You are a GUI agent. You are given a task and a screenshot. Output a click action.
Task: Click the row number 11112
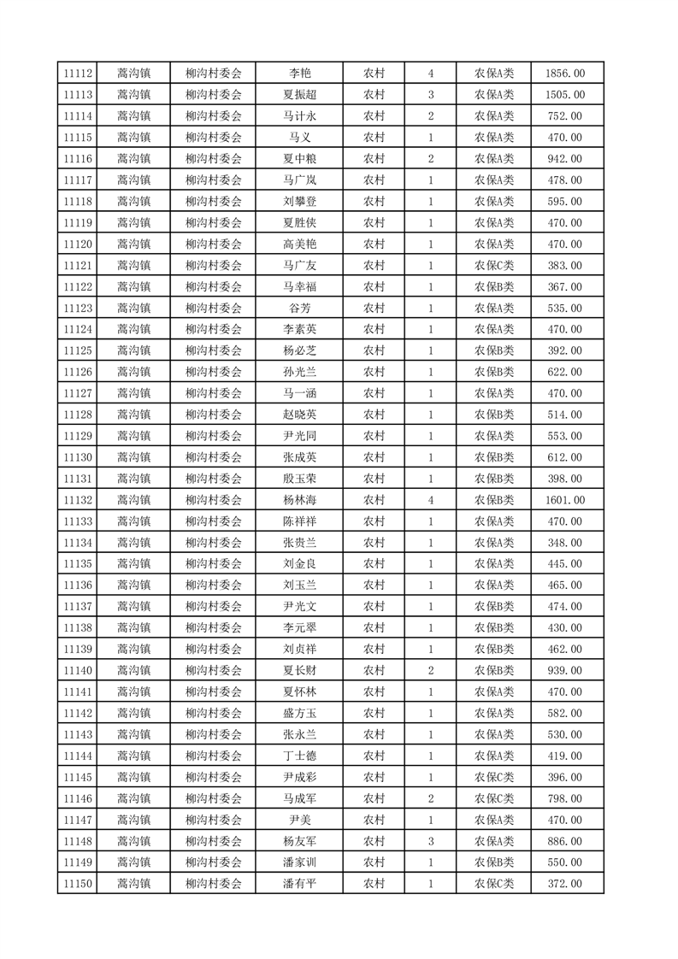pyautogui.click(x=77, y=74)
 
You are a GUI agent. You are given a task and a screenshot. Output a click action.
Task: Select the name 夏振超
pyautogui.click(x=299, y=95)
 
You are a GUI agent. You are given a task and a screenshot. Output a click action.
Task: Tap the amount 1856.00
pyautogui.click(x=565, y=74)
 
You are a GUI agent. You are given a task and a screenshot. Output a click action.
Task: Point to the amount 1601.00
pyautogui.click(x=565, y=500)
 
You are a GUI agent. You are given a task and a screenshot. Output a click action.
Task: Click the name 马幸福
pyautogui.click(x=299, y=286)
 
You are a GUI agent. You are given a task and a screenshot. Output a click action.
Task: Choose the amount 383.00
pyautogui.click(x=565, y=265)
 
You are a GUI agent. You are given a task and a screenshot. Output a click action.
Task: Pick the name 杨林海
pyautogui.click(x=299, y=500)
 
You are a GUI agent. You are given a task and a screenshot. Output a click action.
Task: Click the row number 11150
pyautogui.click(x=77, y=884)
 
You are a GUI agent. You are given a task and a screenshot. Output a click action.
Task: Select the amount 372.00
pyautogui.click(x=565, y=884)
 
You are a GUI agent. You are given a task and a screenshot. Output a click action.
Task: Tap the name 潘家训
pyautogui.click(x=299, y=862)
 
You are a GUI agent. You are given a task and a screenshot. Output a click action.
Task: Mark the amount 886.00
pyautogui.click(x=565, y=841)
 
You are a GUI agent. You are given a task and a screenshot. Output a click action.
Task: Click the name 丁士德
pyautogui.click(x=299, y=756)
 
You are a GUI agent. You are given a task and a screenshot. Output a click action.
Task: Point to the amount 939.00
pyautogui.click(x=565, y=670)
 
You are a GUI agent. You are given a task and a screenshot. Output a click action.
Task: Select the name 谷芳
pyautogui.click(x=299, y=308)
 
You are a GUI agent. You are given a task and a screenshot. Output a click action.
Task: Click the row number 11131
pyautogui.click(x=77, y=479)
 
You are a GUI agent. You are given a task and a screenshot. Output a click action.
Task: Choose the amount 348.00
pyautogui.click(x=565, y=543)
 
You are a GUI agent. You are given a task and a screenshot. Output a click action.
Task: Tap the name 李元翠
pyautogui.click(x=299, y=627)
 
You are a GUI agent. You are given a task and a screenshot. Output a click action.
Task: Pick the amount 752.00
pyautogui.click(x=565, y=116)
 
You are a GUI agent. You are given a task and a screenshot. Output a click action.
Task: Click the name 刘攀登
pyautogui.click(x=299, y=202)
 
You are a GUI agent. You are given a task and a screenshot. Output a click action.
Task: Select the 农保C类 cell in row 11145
pyautogui.click(x=494, y=777)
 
